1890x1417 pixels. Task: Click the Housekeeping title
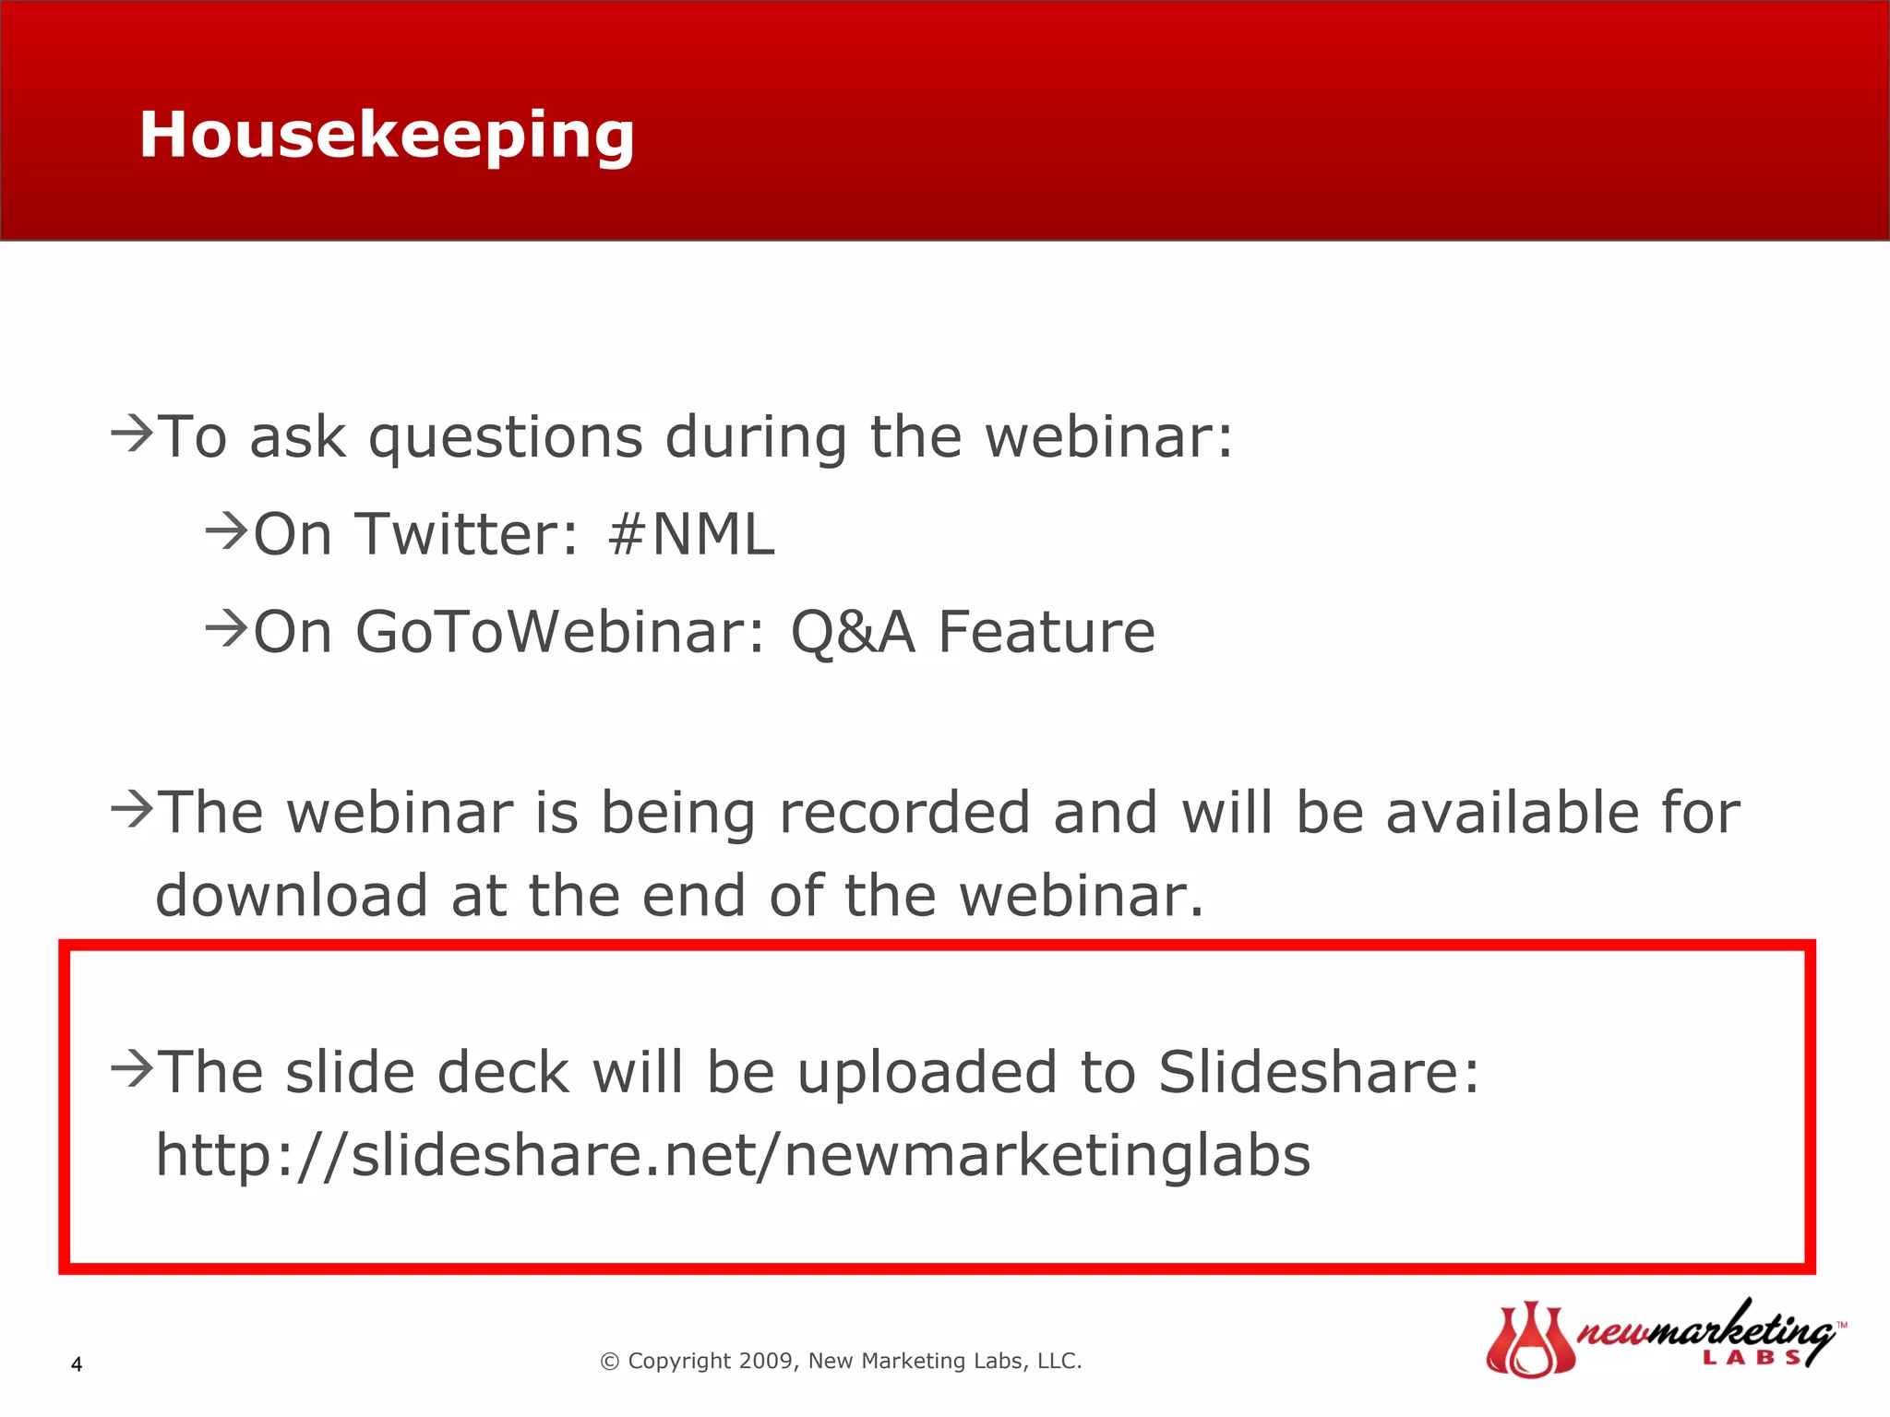[387, 136]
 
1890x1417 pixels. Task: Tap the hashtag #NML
[691, 534]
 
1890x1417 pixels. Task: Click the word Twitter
[465, 534]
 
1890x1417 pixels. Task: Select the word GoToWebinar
[559, 632]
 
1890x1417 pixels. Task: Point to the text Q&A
[853, 634]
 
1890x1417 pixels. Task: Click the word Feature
[1046, 632]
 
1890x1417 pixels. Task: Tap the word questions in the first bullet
[506, 437]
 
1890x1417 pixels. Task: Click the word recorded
[904, 813]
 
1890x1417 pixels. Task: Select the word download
[292, 896]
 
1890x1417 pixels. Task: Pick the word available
[1512, 813]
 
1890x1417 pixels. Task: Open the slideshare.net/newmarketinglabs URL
[733, 1155]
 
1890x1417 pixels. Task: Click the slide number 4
[77, 1364]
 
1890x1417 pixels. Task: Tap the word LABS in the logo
[1751, 1357]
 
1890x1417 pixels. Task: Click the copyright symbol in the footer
[609, 1362]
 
